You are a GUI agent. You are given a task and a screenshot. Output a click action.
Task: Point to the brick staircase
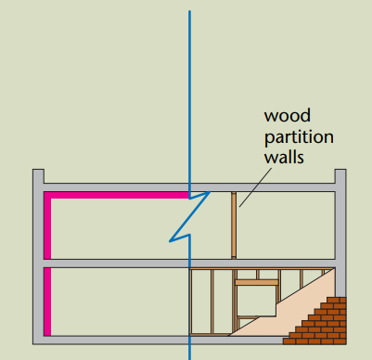[321, 322]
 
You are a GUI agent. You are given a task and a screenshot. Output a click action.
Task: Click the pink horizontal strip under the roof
[116, 196]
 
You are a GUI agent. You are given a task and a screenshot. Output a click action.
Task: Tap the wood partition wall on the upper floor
[234, 225]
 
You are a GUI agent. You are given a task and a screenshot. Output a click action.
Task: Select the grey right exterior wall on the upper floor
[340, 225]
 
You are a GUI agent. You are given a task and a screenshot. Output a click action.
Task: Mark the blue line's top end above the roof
[190, 13]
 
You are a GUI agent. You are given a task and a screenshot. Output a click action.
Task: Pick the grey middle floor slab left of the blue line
[111, 264]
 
